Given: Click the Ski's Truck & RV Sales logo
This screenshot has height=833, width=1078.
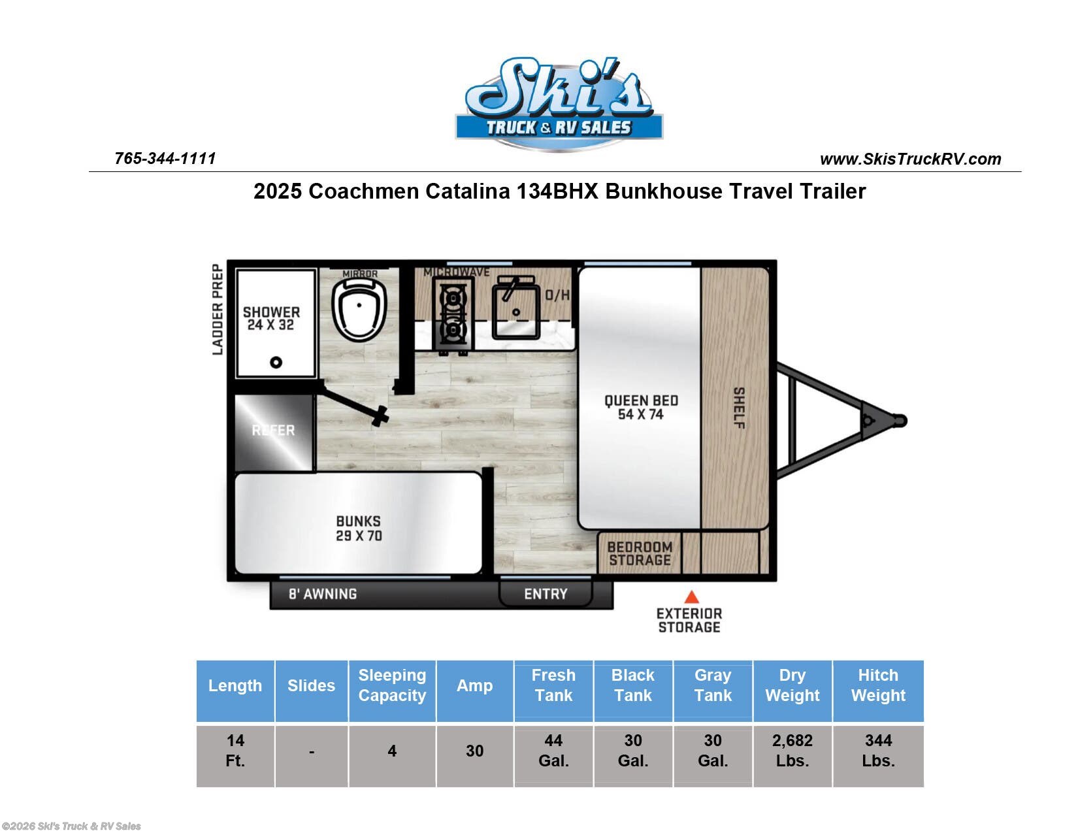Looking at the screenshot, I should [559, 105].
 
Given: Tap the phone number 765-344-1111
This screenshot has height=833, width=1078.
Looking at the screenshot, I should [165, 159].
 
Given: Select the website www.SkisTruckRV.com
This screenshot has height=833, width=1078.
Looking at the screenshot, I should [910, 159].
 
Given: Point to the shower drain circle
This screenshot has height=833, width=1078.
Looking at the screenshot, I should [276, 362].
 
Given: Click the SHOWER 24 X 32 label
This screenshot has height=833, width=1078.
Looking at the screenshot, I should [271, 318].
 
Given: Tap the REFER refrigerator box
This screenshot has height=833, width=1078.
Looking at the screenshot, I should [274, 431].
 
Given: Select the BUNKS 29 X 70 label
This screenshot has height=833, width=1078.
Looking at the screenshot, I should [358, 528].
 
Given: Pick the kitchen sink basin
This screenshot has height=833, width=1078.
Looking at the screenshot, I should [516, 307].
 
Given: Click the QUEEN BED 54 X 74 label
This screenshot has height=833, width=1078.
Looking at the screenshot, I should [640, 407].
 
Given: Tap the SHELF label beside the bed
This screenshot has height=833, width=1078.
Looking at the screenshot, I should [738, 408].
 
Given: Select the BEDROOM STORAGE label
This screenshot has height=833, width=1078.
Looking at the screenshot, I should [640, 553].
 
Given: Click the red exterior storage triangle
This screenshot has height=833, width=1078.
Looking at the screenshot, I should [691, 596].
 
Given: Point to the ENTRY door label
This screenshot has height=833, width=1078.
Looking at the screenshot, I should [546, 594].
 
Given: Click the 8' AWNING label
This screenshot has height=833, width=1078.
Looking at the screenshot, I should [323, 594].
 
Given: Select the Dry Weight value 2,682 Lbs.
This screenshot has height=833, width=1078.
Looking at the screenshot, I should [792, 750].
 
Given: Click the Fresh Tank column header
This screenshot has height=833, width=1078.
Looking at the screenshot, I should [553, 685].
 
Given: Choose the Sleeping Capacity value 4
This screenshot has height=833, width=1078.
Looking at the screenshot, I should [391, 751].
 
